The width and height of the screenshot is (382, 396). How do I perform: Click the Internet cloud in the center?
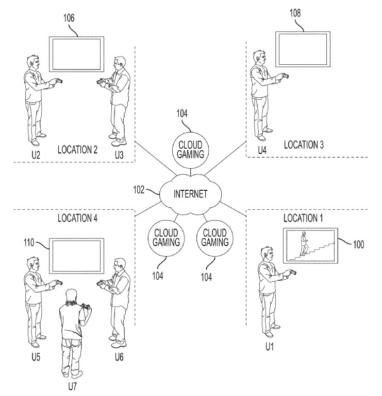point(190,194)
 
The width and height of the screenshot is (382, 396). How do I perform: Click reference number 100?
point(358,244)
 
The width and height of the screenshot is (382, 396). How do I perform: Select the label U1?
point(269,348)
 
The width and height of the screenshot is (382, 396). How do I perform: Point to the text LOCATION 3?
point(304,145)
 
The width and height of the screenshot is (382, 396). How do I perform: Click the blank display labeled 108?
point(302,49)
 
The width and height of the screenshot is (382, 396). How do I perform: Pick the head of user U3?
point(119,64)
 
